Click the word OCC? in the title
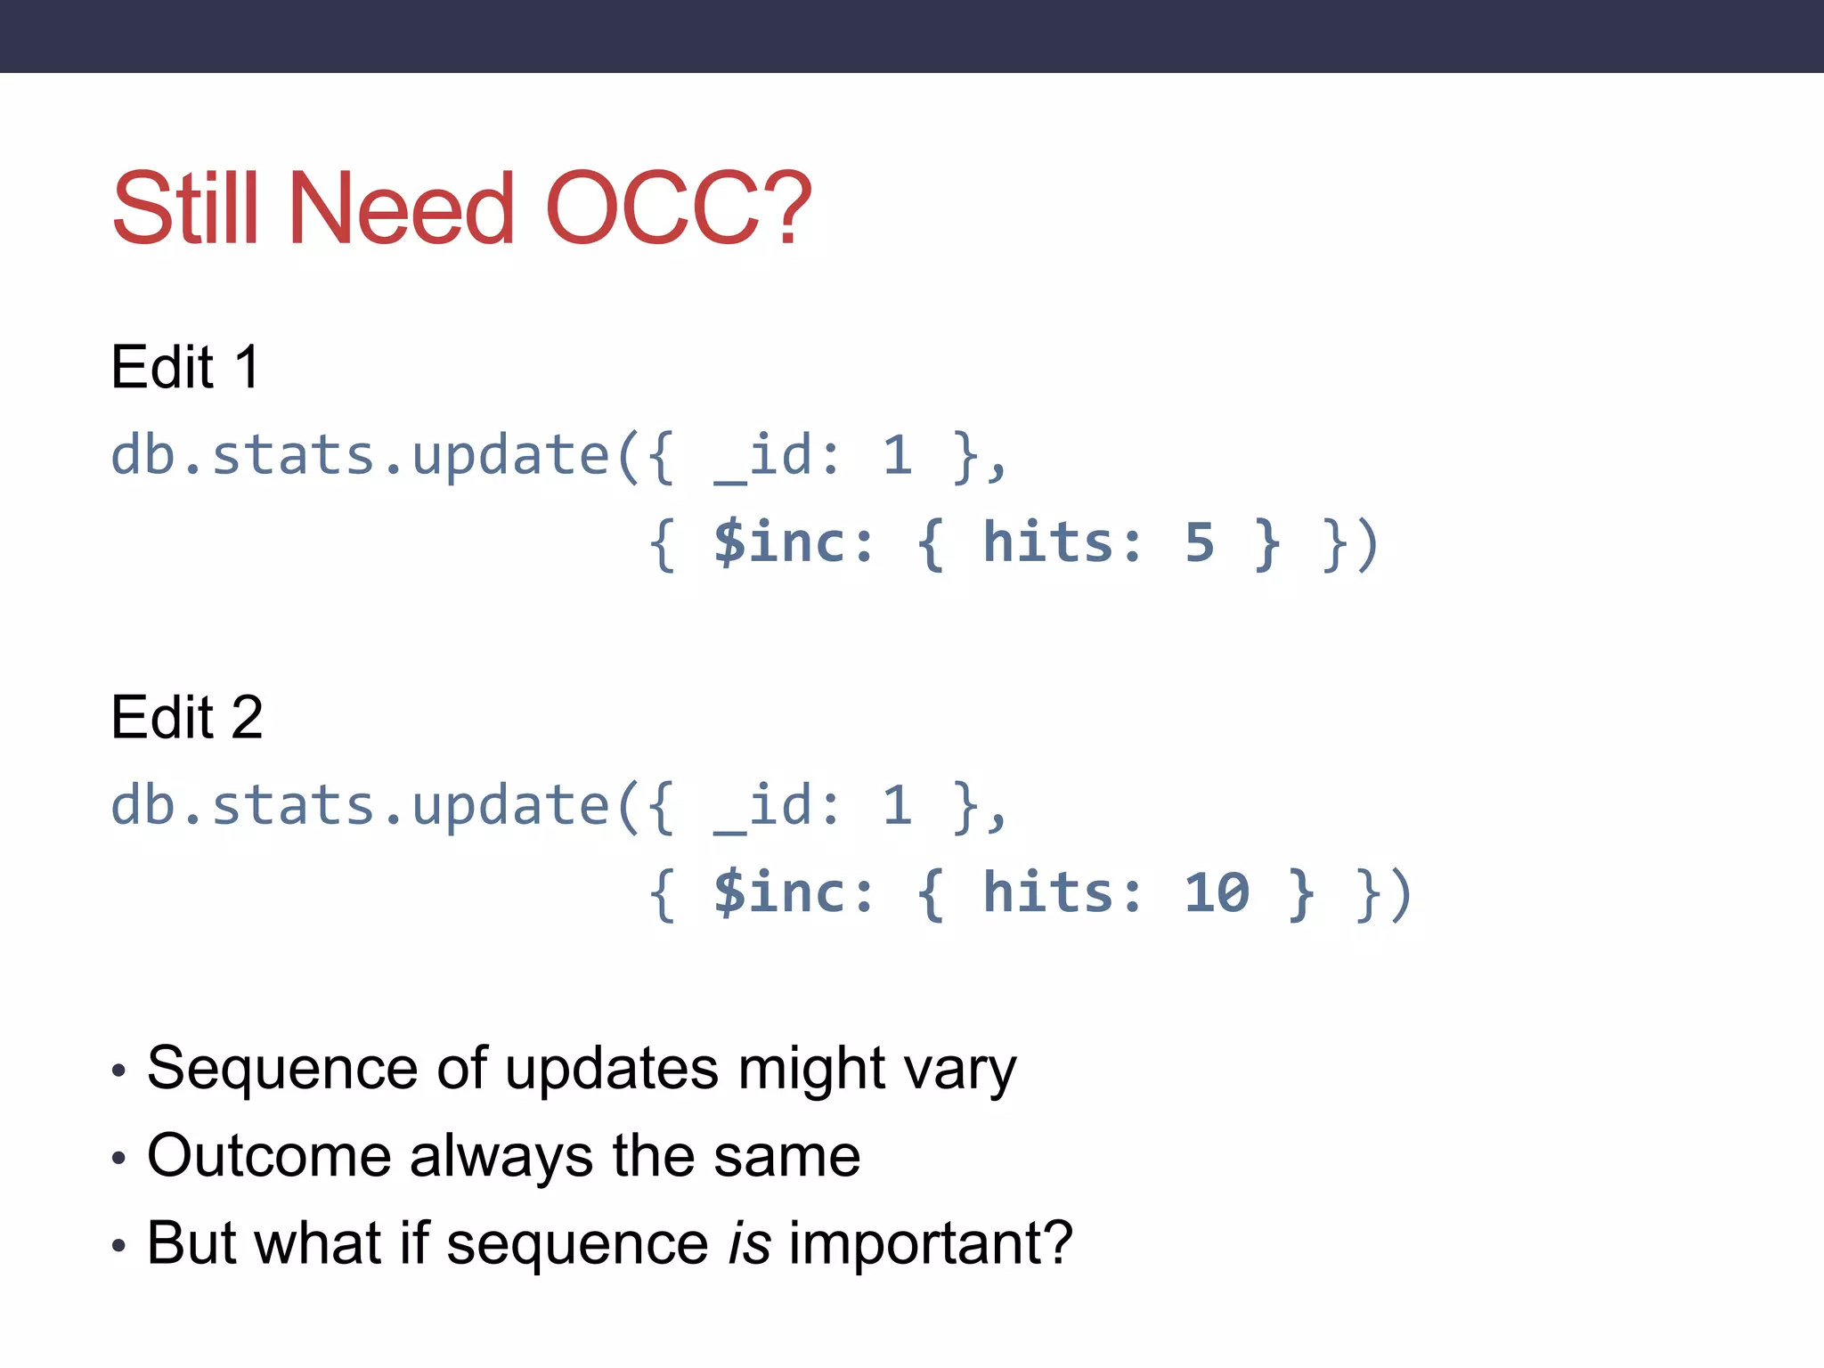pyautogui.click(x=678, y=209)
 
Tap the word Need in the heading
pyautogui.click(x=401, y=209)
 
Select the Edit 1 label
pyautogui.click(x=185, y=367)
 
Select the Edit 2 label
pyautogui.click(x=187, y=717)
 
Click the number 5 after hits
pyautogui.click(x=1200, y=542)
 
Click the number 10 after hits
pyautogui.click(x=1217, y=892)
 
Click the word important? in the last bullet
pyautogui.click(x=931, y=1244)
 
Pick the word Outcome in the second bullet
pyautogui.click(x=269, y=1156)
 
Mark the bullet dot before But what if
pyautogui.click(x=119, y=1246)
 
